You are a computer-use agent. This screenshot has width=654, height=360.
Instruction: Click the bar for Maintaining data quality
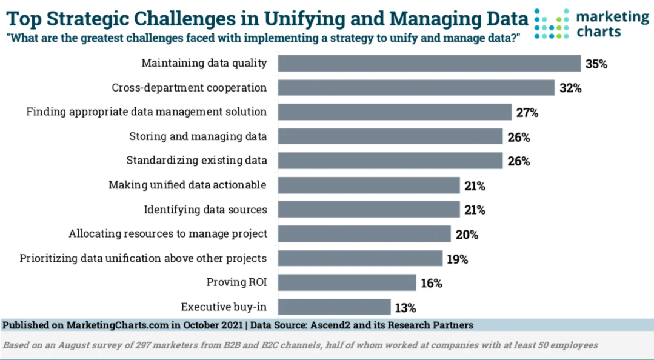point(429,64)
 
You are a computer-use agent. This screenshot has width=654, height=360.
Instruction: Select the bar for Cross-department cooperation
point(416,88)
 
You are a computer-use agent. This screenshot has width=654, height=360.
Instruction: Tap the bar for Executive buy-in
point(334,307)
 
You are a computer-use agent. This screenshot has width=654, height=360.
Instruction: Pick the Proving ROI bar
point(347,282)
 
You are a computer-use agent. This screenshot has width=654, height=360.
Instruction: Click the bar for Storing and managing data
point(390,136)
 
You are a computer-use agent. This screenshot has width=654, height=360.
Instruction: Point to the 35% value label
point(596,64)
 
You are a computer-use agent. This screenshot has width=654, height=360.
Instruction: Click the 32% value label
point(570,88)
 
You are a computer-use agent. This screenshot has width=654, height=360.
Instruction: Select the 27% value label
point(527,113)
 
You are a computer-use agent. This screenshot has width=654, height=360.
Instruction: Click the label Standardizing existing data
point(196,161)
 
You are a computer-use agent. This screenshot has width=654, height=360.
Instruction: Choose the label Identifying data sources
point(205,210)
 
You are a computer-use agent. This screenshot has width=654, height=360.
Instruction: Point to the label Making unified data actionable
point(187,185)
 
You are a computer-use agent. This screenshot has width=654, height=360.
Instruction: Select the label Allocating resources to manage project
point(168,234)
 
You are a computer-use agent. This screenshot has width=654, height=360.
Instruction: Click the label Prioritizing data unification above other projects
point(143,258)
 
